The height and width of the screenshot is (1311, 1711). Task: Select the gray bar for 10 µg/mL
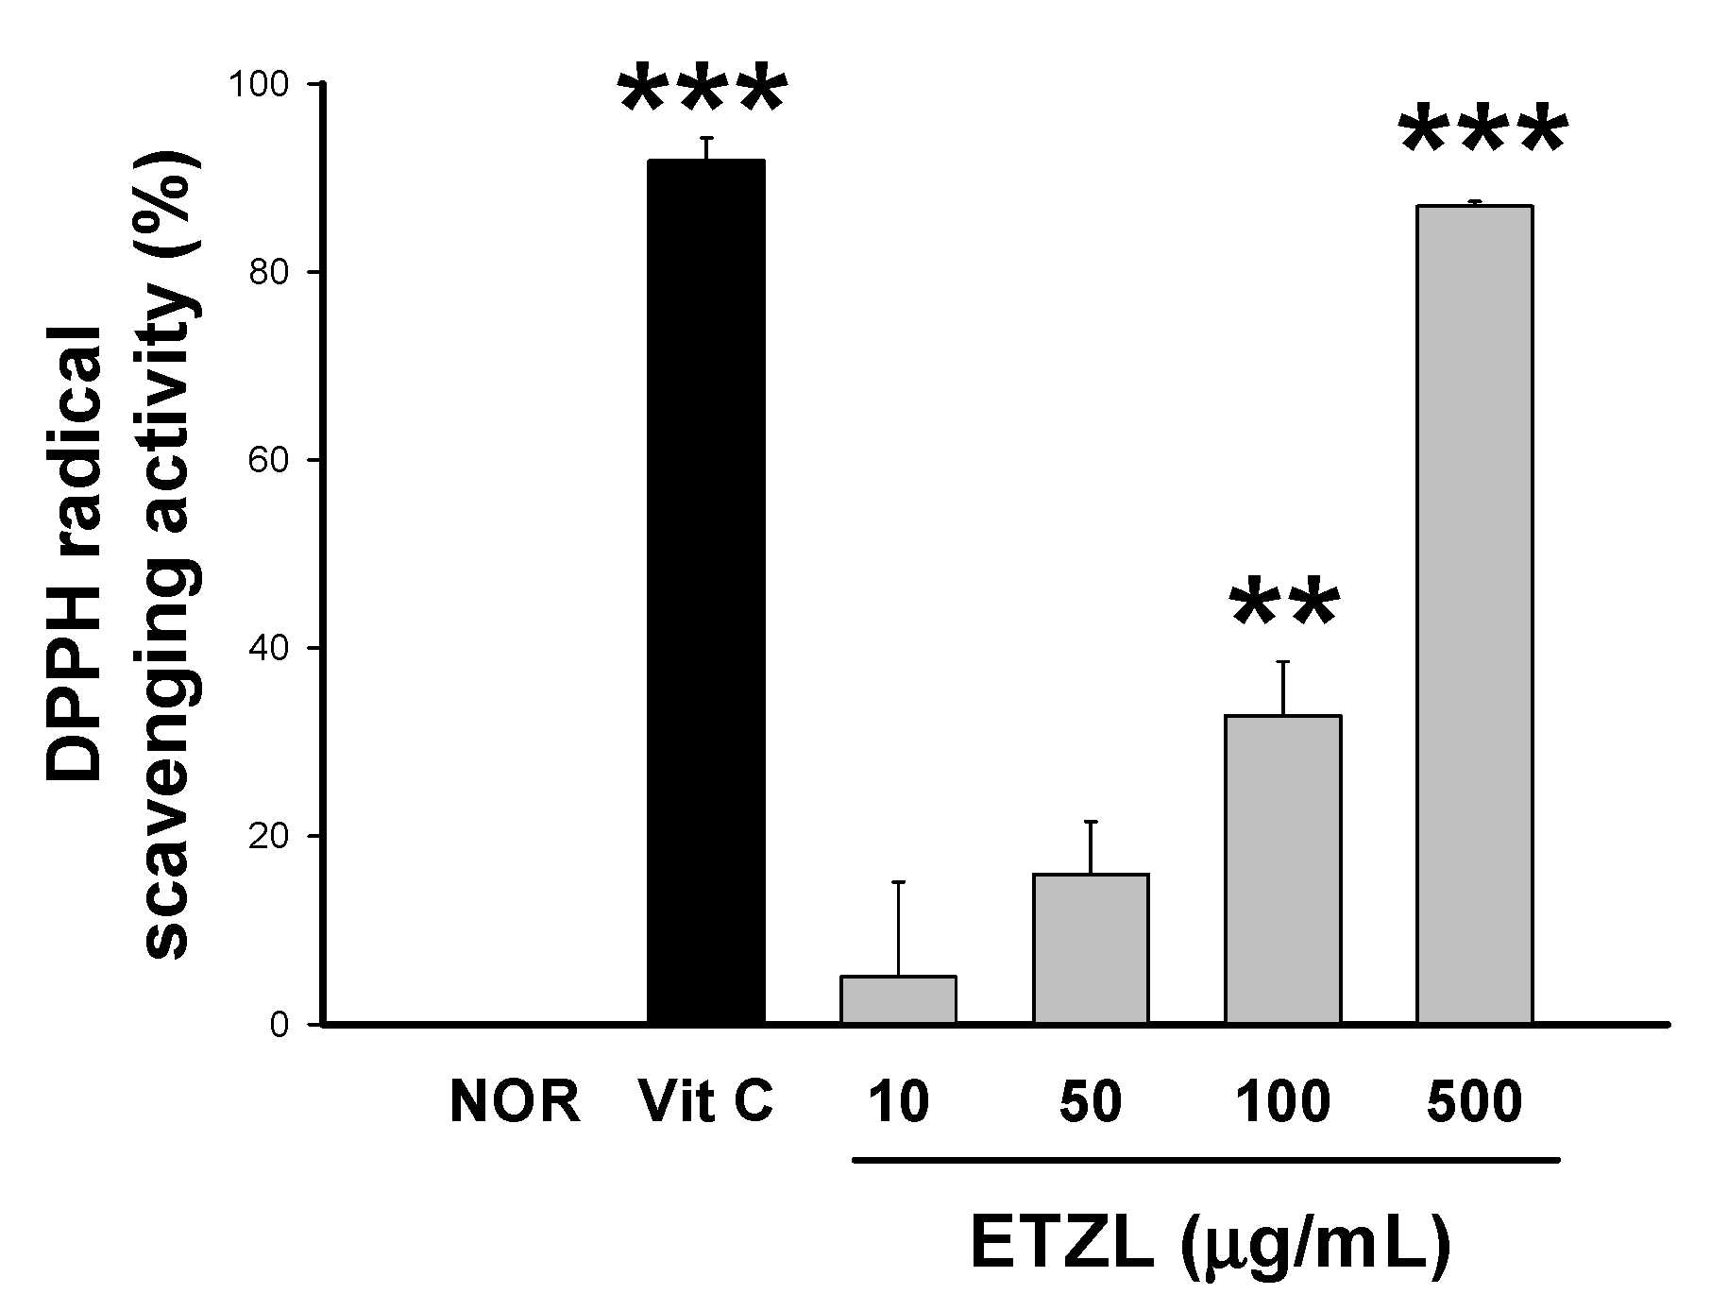[x=898, y=999]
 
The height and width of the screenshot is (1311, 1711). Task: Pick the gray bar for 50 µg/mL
[x=1091, y=948]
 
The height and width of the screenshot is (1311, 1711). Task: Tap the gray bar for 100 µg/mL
[x=1282, y=869]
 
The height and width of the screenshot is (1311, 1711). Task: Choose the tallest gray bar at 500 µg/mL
[x=1474, y=614]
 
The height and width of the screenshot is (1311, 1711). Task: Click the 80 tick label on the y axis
[x=266, y=273]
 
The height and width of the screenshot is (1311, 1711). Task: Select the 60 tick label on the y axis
[x=266, y=461]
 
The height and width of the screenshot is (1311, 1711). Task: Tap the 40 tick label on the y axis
[x=266, y=649]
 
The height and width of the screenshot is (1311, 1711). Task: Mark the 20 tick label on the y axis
[x=266, y=837]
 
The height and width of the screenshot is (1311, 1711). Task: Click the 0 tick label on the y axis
[x=279, y=1025]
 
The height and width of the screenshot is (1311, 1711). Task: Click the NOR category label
[x=515, y=1102]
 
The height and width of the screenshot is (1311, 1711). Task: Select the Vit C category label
[x=706, y=1102]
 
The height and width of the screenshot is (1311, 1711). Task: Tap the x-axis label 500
[x=1474, y=1102]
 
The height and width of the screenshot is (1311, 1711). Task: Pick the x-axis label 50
[x=1091, y=1102]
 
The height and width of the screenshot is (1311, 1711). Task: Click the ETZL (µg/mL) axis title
[x=1210, y=1249]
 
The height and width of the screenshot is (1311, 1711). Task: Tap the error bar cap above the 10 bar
[x=898, y=882]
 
